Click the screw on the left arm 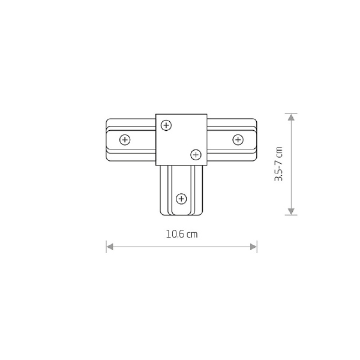click(125, 140)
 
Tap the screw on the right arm click(238, 140)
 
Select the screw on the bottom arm click(181, 199)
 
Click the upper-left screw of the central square click(166, 125)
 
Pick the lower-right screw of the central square click(196, 155)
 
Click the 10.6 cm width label click(182, 234)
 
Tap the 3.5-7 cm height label click(278, 164)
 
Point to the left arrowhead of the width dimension click(110, 247)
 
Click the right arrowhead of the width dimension click(253, 247)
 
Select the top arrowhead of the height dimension click(291, 118)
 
